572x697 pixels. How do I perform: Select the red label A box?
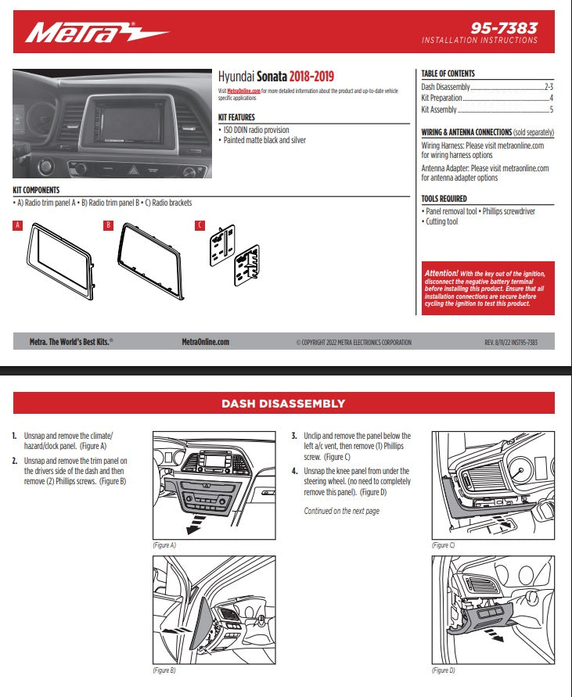click(x=17, y=226)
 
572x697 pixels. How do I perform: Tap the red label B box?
click(x=109, y=226)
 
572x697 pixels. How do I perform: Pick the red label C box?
click(x=200, y=226)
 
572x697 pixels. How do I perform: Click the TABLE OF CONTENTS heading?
click(x=448, y=74)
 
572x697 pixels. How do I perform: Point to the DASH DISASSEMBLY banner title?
click(x=283, y=404)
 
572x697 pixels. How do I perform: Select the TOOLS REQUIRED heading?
click(x=444, y=199)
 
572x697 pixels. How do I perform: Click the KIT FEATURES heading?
click(x=236, y=117)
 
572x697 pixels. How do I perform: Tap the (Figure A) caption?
click(x=164, y=544)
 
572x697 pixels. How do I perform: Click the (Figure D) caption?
click(x=443, y=670)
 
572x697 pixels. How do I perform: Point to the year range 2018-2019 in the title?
click(x=311, y=77)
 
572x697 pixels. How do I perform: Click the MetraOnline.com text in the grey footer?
click(x=205, y=342)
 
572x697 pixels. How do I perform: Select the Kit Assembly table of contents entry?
click(x=439, y=110)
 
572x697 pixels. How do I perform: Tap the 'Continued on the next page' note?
click(x=341, y=511)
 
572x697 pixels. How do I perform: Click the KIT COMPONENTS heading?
click(x=36, y=190)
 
